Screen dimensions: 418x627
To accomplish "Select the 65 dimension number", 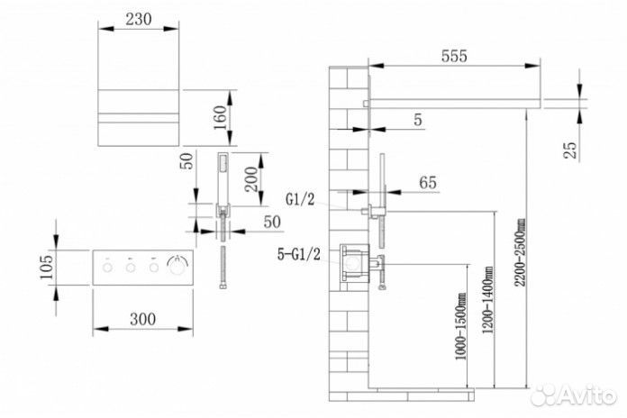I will pyautogui.click(x=428, y=184).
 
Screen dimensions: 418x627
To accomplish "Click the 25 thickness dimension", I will pyautogui.click(x=570, y=150).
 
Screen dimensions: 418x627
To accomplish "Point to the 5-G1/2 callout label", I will pyautogui.click(x=300, y=254).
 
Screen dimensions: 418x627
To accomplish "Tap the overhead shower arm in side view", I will pyautogui.click(x=455, y=96).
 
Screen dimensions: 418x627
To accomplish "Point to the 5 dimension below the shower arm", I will pyautogui.click(x=417, y=121).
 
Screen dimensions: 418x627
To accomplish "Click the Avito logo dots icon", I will pyautogui.click(x=541, y=394).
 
